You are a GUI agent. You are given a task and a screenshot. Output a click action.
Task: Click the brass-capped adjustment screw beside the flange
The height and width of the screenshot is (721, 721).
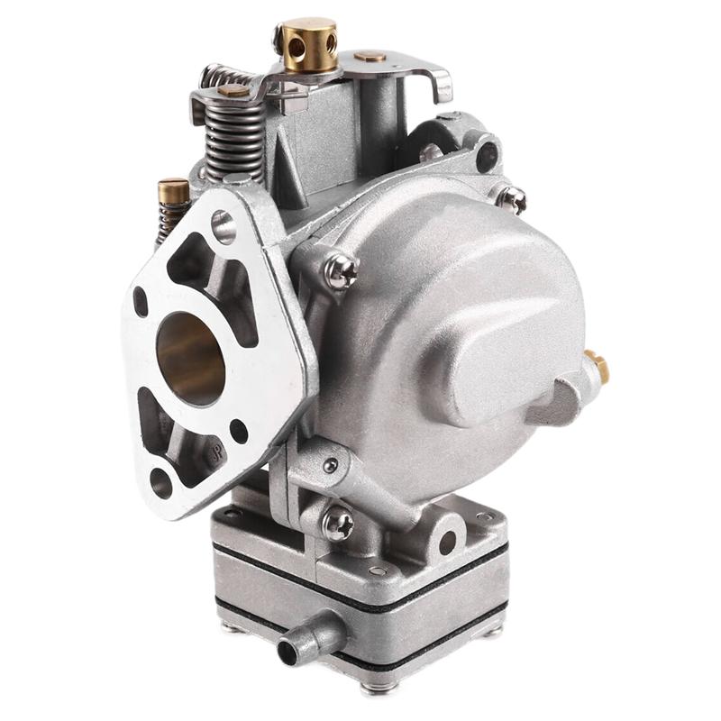pyautogui.click(x=173, y=191)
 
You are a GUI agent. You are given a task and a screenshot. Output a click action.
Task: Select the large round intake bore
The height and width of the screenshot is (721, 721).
pyautogui.click(x=190, y=357)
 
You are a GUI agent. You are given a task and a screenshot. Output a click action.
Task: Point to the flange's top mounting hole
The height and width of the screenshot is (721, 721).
pyautogui.click(x=223, y=226)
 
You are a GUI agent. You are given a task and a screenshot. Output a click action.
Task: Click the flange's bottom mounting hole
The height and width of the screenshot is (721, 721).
pyautogui.click(x=161, y=482)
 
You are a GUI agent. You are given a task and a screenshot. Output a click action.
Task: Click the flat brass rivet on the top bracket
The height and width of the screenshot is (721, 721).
pyautogui.click(x=370, y=56)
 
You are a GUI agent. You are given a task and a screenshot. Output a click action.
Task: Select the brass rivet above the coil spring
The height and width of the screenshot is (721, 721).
pyautogui.click(x=233, y=90)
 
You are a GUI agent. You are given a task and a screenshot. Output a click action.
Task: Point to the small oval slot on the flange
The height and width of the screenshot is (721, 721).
pyautogui.click(x=141, y=301)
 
